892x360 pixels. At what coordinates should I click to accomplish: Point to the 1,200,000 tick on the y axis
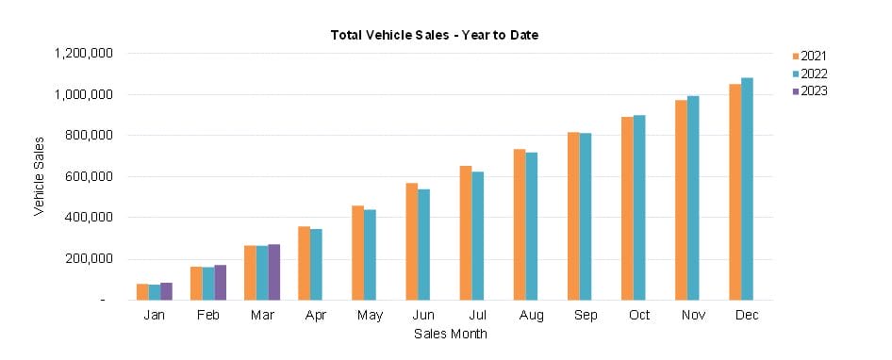(x=81, y=54)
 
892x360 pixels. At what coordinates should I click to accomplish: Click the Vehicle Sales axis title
(x=39, y=176)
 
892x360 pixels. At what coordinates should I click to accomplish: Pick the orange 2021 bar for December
(x=735, y=192)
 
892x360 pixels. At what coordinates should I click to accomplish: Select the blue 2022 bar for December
(x=747, y=188)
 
